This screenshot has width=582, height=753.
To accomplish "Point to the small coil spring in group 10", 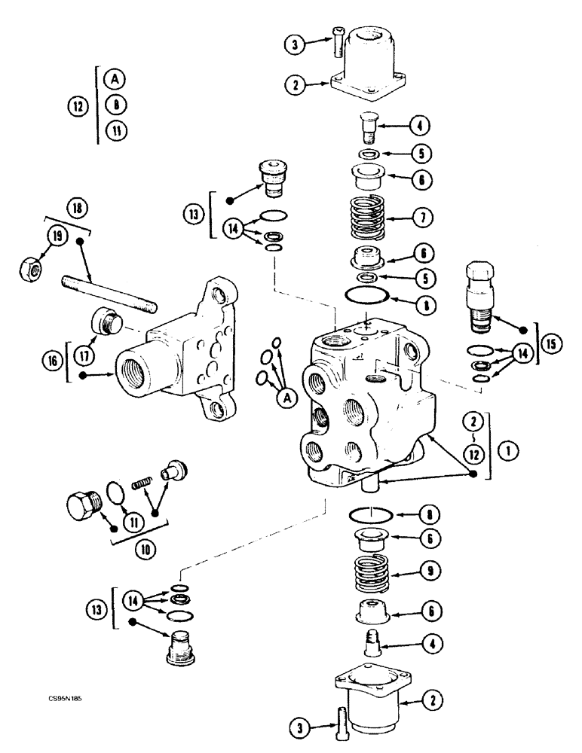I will pos(142,479).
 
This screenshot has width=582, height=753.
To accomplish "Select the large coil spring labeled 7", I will pos(370,218).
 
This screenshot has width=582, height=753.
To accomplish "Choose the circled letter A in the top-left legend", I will pos(115,78).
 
